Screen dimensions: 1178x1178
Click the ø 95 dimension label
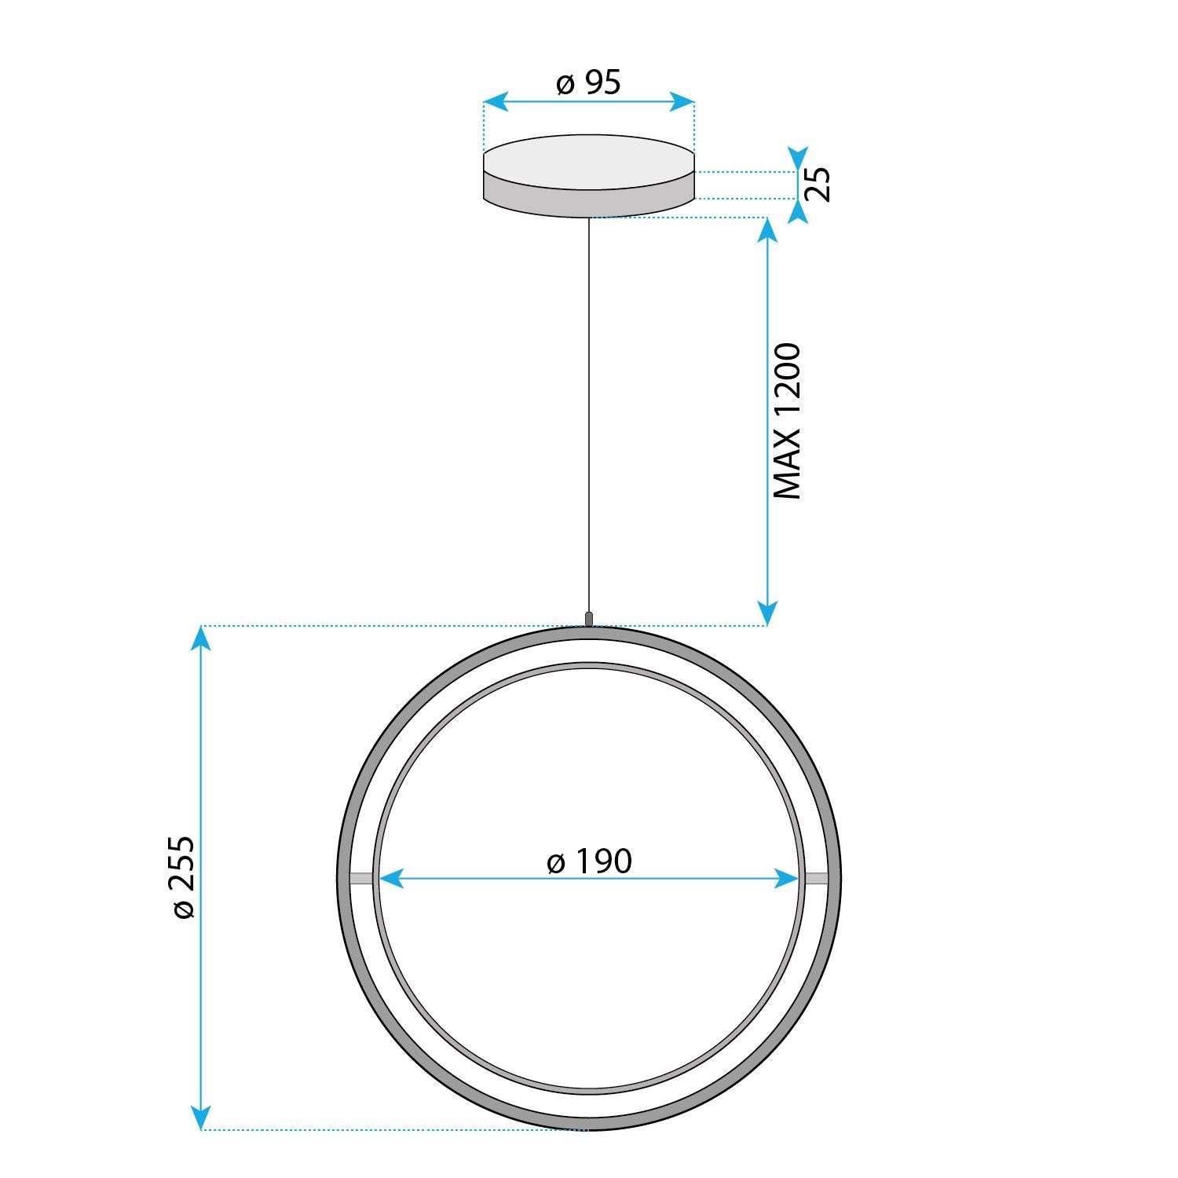click(588, 82)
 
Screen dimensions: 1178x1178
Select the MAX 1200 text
click(787, 421)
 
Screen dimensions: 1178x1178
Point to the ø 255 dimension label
click(182, 876)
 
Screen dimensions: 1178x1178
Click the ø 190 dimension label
click(589, 862)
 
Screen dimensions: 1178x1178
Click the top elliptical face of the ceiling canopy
click(589, 162)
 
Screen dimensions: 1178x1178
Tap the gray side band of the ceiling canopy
click(589, 202)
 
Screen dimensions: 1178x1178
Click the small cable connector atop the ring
click(589, 619)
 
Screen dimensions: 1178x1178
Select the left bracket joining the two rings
click(360, 878)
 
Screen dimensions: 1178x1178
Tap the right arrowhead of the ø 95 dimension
click(683, 101)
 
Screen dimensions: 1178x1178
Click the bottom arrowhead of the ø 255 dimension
click(202, 1118)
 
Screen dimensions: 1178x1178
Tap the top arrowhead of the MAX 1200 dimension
click(767, 229)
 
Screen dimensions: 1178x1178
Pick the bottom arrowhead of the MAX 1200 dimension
click(767, 614)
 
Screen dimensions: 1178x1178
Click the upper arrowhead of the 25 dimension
click(798, 158)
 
